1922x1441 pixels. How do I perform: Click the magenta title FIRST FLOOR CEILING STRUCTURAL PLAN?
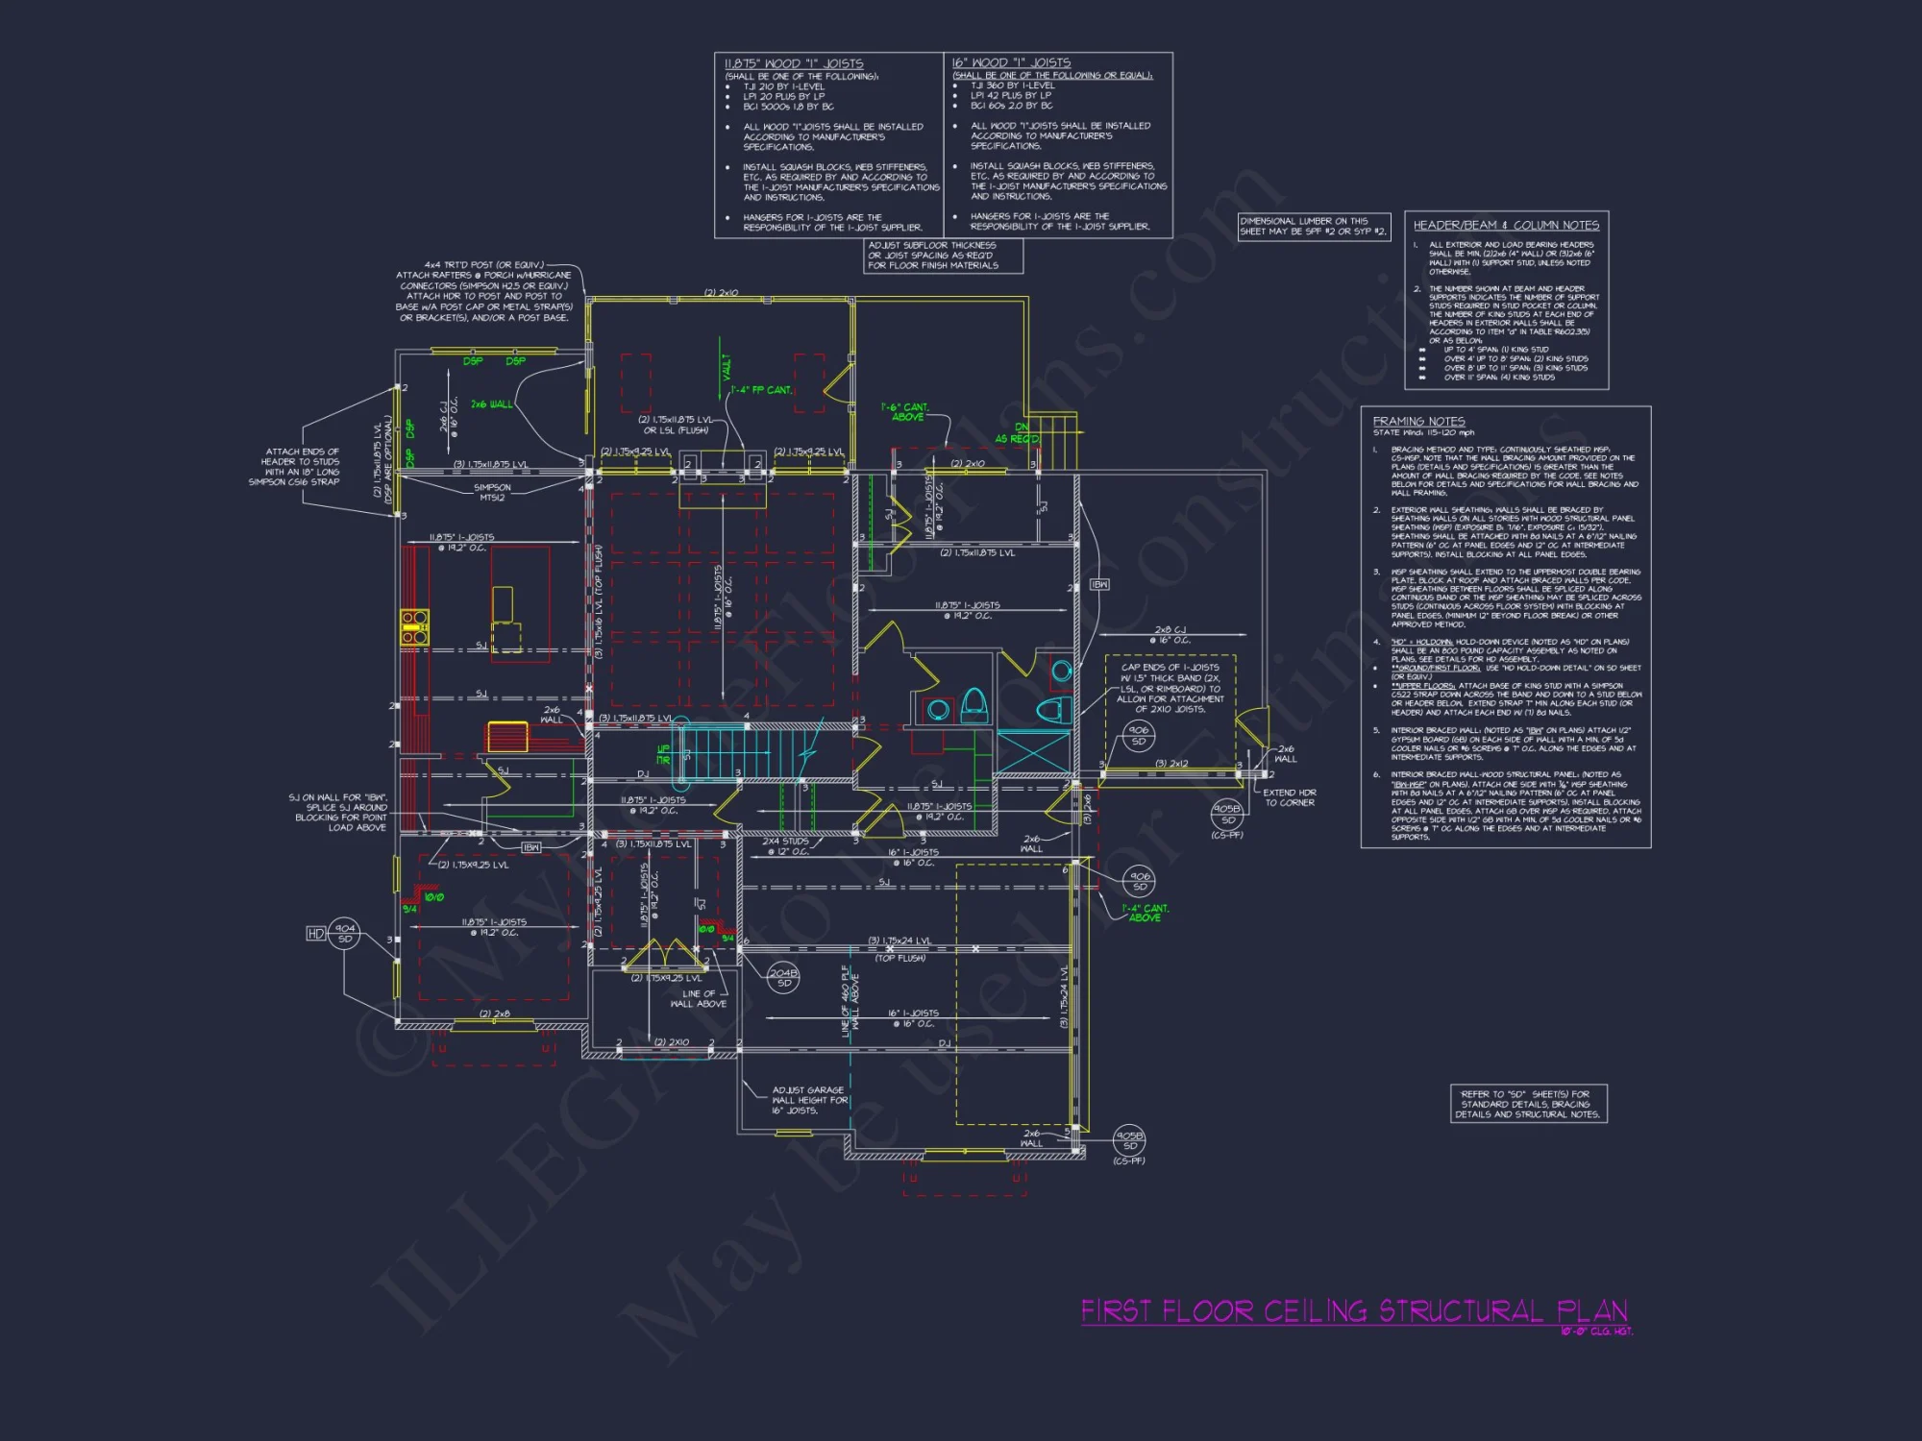tap(1353, 1311)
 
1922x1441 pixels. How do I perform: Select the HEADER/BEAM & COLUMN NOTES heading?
tap(1506, 225)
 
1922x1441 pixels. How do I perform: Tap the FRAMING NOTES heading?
tap(1418, 421)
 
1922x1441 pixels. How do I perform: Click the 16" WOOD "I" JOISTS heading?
tap(1011, 62)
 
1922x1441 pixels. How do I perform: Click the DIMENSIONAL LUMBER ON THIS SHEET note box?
tap(1314, 227)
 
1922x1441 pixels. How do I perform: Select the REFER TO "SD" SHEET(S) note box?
tap(1527, 1104)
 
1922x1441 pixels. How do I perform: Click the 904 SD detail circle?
tap(345, 933)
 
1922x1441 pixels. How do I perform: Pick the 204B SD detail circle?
tap(784, 978)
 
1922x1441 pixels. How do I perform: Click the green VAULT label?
tap(727, 366)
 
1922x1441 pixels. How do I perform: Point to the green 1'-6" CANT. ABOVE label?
tap(906, 412)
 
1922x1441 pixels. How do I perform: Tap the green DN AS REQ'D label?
tap(1018, 433)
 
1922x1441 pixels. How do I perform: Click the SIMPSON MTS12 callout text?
tap(492, 493)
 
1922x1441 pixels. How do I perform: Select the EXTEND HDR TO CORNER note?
tap(1289, 797)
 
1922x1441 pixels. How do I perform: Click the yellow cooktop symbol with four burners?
tap(414, 626)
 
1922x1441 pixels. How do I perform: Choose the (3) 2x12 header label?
tap(1171, 764)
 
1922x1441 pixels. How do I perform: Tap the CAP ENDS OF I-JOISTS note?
tap(1170, 688)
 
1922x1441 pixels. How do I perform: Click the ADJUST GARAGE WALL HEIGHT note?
tap(809, 1100)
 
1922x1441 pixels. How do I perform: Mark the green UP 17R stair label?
tap(663, 754)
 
